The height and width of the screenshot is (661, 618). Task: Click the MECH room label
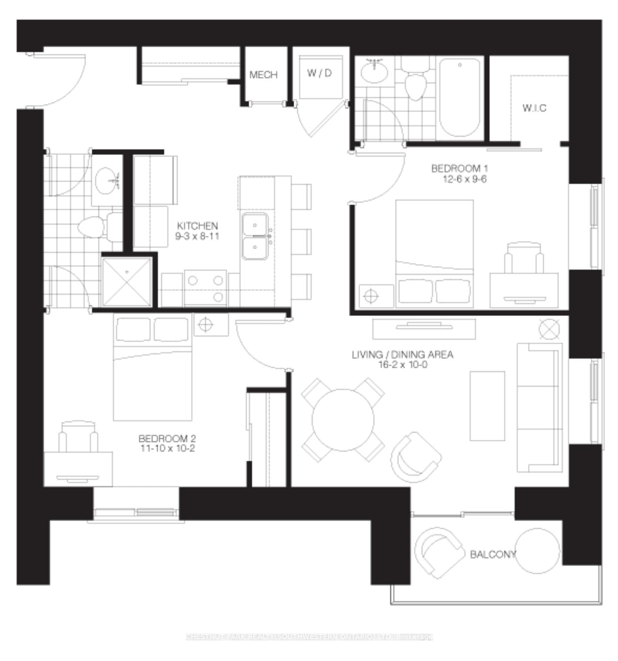pos(263,75)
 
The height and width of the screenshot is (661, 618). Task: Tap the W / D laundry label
pos(319,73)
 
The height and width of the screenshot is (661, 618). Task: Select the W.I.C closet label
pos(534,108)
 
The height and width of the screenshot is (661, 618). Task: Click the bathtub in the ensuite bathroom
pos(460,98)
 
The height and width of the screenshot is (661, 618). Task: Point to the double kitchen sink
pos(255,236)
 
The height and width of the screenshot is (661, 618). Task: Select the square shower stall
pos(127,282)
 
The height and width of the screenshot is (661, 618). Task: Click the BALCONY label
pos(493,554)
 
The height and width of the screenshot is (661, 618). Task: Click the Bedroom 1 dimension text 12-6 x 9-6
pos(464,179)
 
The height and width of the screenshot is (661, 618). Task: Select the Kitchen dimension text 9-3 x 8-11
pos(197,237)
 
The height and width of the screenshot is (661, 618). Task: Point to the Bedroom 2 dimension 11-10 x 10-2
pos(167,449)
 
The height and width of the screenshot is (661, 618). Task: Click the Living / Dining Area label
pos(402,355)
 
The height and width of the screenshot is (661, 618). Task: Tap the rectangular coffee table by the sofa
pos(487,406)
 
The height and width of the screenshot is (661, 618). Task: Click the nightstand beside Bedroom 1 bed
pos(376,296)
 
